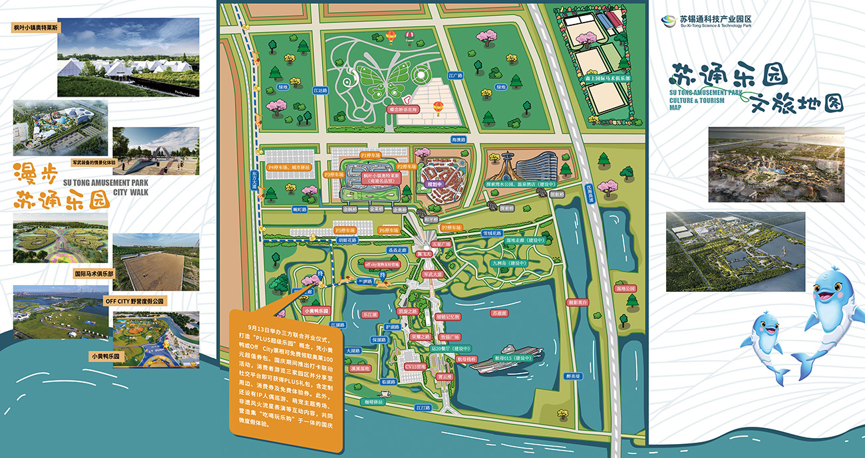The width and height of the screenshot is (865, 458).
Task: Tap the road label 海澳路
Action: (x=459, y=140)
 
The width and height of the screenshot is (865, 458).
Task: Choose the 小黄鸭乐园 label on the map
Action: (x=315, y=310)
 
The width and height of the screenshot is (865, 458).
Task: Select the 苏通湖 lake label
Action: (x=499, y=312)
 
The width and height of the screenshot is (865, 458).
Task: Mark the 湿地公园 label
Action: (x=626, y=288)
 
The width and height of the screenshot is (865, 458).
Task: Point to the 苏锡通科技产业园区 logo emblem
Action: (x=668, y=21)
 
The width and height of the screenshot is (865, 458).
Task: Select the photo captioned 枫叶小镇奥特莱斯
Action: (x=128, y=57)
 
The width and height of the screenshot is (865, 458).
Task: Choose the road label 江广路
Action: (x=455, y=76)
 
